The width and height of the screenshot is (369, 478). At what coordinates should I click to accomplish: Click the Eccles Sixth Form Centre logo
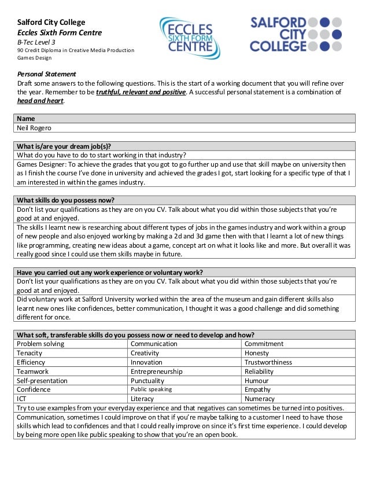189,37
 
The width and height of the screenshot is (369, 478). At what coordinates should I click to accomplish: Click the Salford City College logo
296,34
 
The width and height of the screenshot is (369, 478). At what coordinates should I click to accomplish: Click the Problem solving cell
40,344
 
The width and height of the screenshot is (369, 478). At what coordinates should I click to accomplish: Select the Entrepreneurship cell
156,372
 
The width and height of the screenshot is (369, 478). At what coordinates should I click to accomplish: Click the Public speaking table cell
151,389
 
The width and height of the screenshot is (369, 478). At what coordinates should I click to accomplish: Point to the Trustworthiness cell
268,362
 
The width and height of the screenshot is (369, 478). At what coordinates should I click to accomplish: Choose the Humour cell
256,381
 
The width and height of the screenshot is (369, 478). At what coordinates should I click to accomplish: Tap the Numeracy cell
260,399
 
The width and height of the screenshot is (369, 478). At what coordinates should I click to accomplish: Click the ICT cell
22,399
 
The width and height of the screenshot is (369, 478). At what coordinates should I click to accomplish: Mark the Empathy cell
257,389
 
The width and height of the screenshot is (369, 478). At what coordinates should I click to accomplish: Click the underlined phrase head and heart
40,100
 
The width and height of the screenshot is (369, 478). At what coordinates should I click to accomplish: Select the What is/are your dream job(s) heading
64,146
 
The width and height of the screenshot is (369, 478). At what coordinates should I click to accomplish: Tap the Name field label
26,119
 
